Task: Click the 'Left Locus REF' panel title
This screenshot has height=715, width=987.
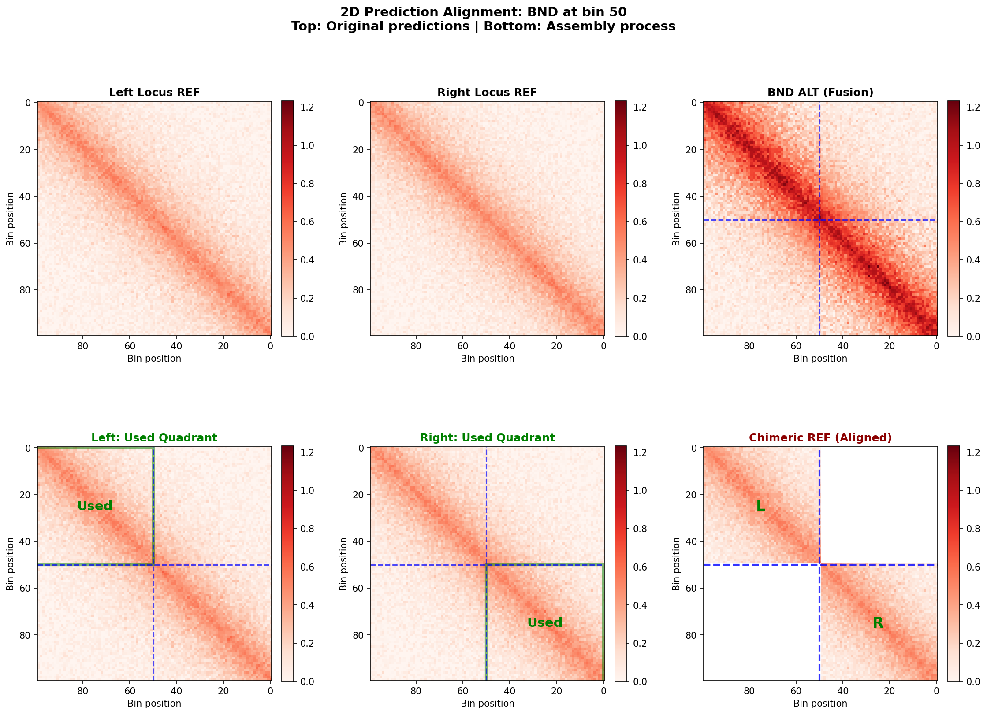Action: click(x=154, y=93)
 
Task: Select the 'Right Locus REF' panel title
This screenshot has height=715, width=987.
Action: click(x=487, y=93)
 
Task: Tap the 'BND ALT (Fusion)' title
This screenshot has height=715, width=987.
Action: click(x=820, y=93)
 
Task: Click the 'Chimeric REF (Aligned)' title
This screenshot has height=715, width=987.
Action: click(x=820, y=437)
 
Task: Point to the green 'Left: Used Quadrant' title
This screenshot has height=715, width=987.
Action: click(x=154, y=437)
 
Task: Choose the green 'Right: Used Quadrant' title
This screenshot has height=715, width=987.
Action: click(x=487, y=437)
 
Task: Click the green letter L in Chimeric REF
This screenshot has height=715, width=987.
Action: click(x=760, y=506)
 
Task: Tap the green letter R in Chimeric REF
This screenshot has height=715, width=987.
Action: click(x=878, y=622)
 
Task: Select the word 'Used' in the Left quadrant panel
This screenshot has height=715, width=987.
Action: click(x=95, y=506)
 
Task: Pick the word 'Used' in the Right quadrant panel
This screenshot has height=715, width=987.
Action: click(x=545, y=622)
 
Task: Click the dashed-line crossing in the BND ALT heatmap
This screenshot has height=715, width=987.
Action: click(x=819, y=220)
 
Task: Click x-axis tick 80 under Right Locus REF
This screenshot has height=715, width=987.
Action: click(x=416, y=346)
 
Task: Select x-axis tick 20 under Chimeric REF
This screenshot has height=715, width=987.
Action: click(x=890, y=691)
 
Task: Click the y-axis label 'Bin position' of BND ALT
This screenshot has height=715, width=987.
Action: click(x=676, y=219)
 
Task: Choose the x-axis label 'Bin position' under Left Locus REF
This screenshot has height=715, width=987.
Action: click(x=154, y=359)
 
